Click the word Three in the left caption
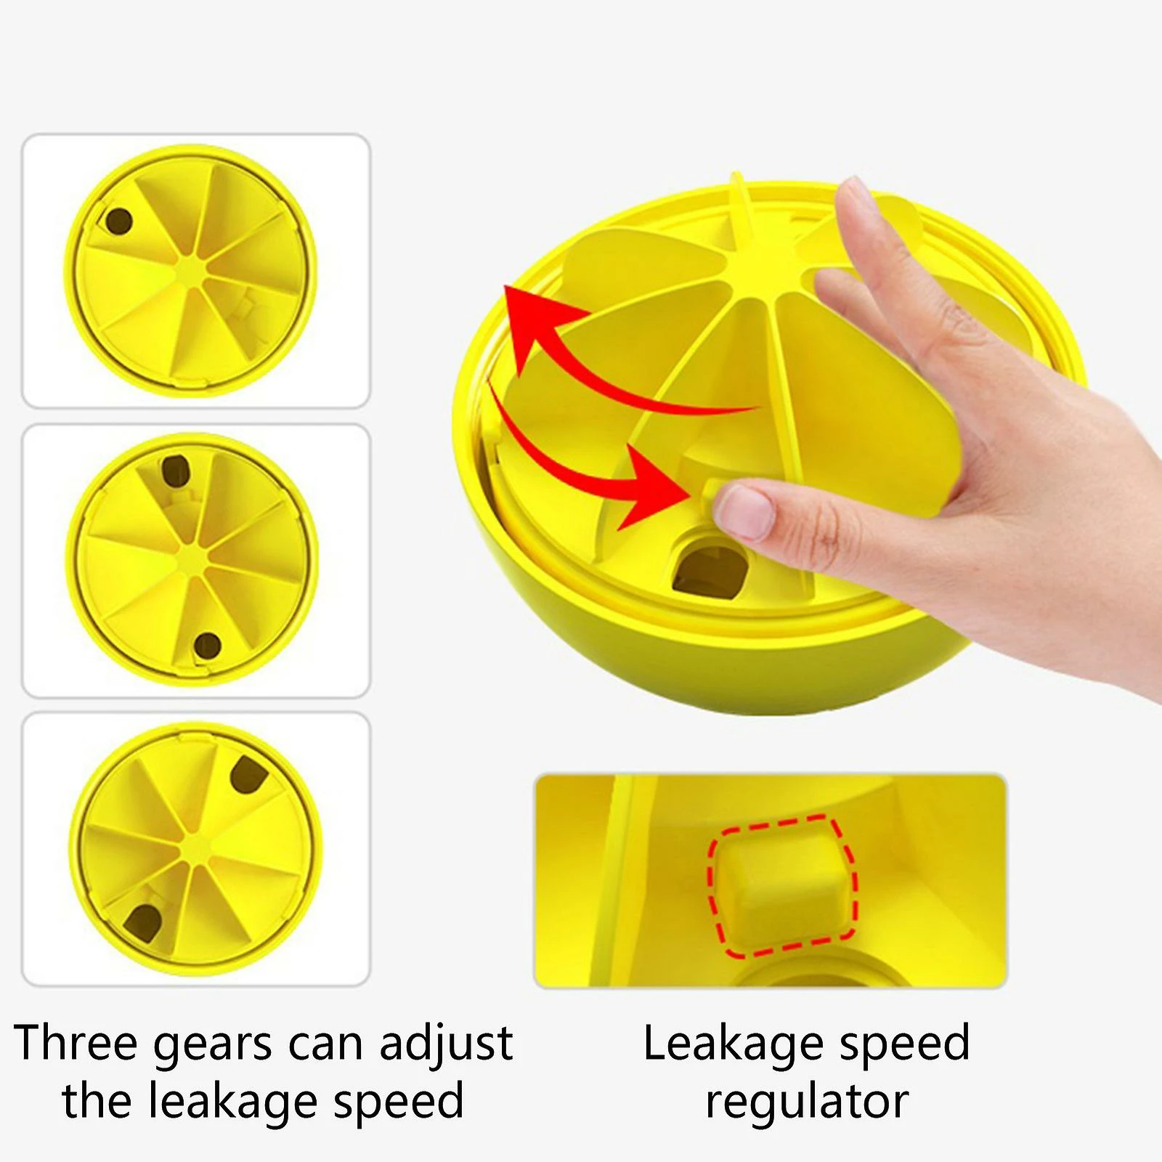pyautogui.click(x=76, y=1043)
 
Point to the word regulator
pyautogui.click(x=807, y=1102)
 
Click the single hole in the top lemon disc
pyautogui.click(x=119, y=222)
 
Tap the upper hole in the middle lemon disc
pyautogui.click(x=175, y=471)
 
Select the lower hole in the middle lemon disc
pyautogui.click(x=207, y=644)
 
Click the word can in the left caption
pyautogui.click(x=330, y=1043)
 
